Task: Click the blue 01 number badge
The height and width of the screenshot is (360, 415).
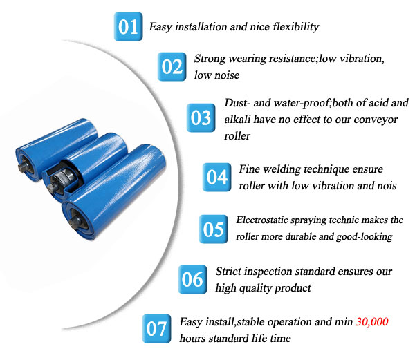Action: point(128,27)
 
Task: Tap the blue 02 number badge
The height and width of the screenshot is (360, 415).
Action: point(172,67)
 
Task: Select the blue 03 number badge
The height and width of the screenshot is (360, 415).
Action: point(201,117)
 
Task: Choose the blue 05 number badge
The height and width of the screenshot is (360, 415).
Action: point(214,229)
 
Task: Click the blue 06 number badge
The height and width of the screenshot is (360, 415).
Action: point(192,279)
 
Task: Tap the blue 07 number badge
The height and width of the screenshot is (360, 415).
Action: point(156,329)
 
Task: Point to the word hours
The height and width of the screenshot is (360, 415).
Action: point(194,339)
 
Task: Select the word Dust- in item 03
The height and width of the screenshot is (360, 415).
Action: point(239,103)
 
